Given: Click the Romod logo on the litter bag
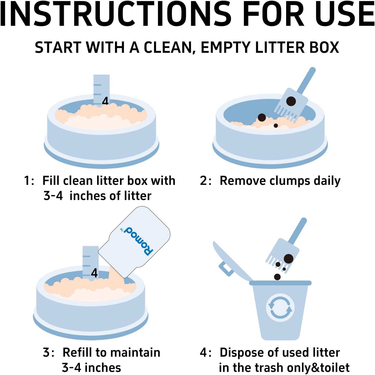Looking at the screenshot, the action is click(x=136, y=240).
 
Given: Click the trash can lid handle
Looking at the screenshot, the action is click(x=226, y=269).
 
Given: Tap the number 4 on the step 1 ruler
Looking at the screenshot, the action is click(x=105, y=101).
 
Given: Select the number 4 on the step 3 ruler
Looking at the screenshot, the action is click(x=94, y=273).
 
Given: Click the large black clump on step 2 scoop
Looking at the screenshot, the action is click(x=291, y=101).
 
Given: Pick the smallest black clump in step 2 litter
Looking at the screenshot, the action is click(x=276, y=126).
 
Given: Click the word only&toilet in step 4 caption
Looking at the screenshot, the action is click(x=318, y=368).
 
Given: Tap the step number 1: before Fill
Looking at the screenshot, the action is click(x=29, y=181).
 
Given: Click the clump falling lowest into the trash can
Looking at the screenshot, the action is click(x=277, y=277).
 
